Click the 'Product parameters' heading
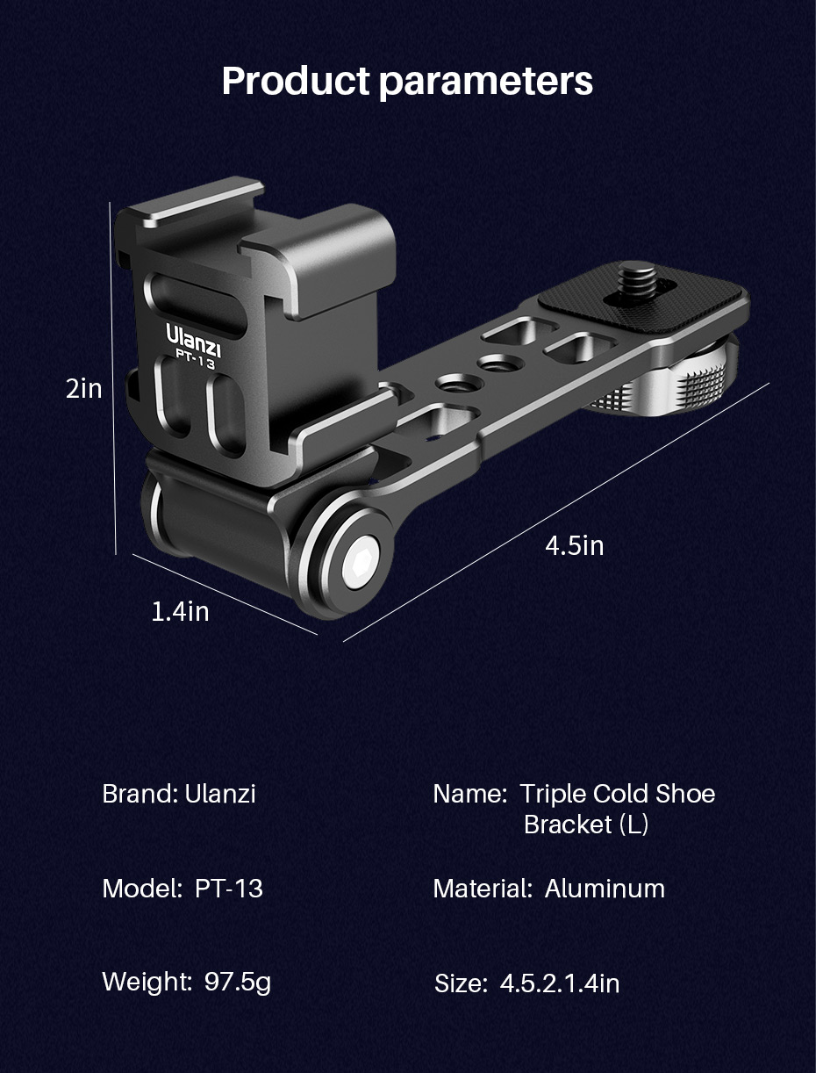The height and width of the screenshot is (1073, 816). tap(407, 81)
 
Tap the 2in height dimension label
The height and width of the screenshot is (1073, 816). tap(84, 388)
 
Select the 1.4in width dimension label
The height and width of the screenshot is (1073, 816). tap(181, 611)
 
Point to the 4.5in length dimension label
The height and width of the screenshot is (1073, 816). tap(575, 545)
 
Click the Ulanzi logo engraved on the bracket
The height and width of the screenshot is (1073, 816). tap(193, 336)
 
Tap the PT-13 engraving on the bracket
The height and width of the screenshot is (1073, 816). tap(194, 359)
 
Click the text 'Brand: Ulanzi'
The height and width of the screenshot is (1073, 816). tap(179, 794)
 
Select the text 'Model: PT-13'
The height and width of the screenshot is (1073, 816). tap(183, 889)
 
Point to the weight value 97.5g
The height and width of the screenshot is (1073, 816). tap(238, 982)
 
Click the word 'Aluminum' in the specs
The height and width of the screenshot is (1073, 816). tap(605, 889)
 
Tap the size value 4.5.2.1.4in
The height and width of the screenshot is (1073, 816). tap(560, 983)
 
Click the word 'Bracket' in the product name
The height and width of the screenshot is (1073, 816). tap(568, 825)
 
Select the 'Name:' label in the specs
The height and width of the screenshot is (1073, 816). tap(469, 794)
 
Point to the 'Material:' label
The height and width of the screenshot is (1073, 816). tap(482, 889)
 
